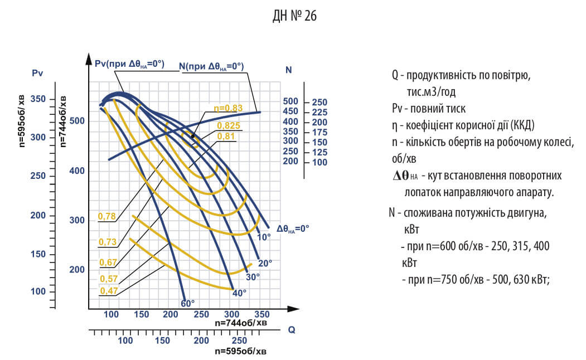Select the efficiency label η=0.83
click(x=228, y=108)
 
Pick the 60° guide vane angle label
click(x=188, y=303)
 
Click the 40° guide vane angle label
click(x=239, y=293)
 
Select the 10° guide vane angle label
click(x=264, y=237)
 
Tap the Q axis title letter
click(x=291, y=329)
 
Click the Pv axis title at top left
click(x=38, y=72)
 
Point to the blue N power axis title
click(x=288, y=70)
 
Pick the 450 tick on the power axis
click(x=291, y=111)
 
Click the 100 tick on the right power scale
click(x=319, y=162)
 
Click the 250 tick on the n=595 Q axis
click(x=239, y=340)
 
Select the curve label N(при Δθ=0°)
click(x=211, y=66)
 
